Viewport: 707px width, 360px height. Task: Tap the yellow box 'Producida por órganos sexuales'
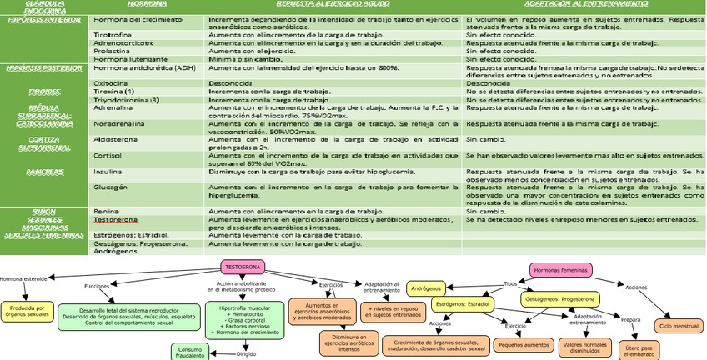[x=28, y=310]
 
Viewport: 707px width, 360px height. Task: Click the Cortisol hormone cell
[x=108, y=155]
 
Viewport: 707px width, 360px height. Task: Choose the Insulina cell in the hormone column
[x=108, y=172]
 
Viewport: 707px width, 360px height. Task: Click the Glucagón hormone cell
[x=110, y=188]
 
